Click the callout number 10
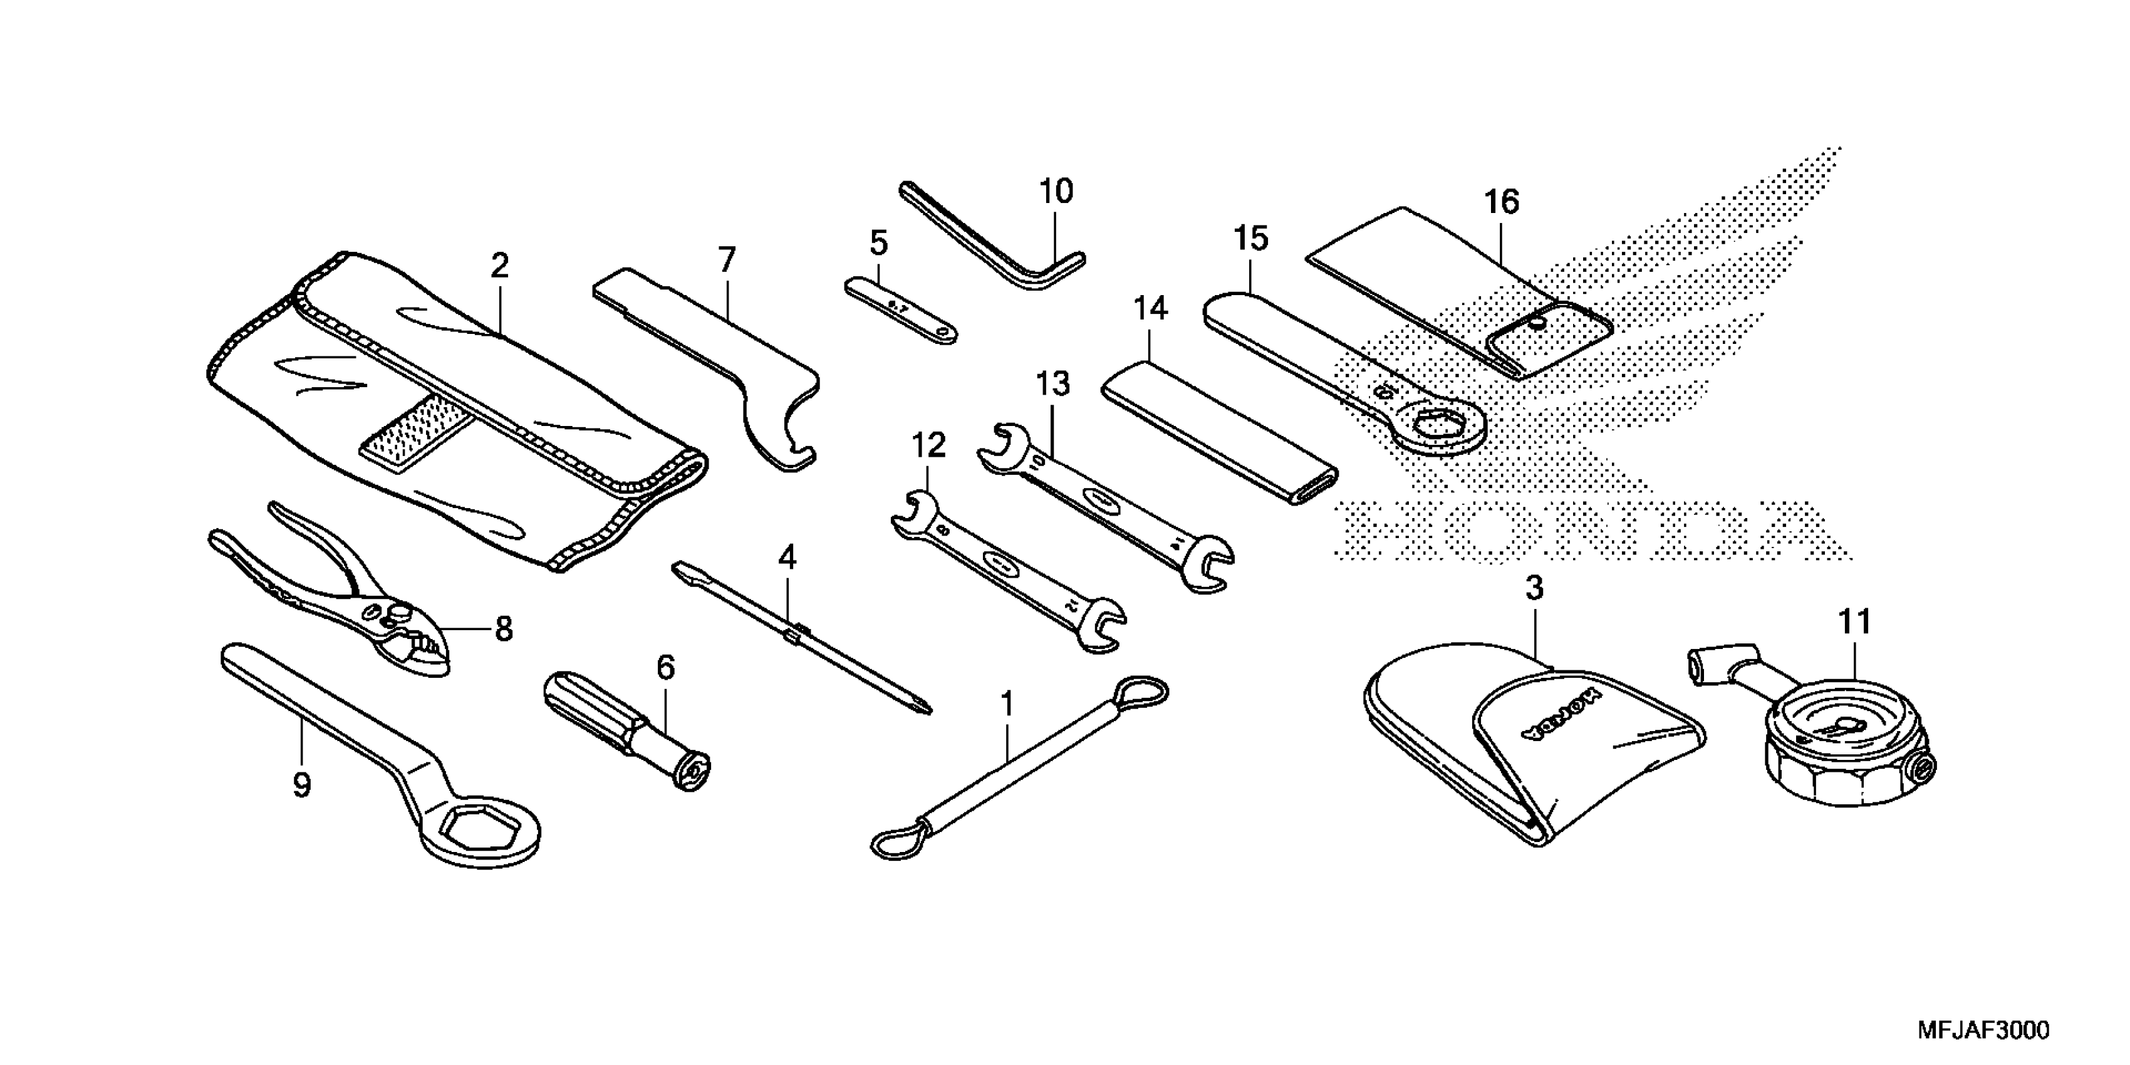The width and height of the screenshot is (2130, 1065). click(1056, 192)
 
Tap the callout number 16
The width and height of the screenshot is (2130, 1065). click(1502, 202)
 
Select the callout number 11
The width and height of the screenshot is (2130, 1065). click(1854, 622)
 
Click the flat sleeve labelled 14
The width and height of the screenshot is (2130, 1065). click(1220, 430)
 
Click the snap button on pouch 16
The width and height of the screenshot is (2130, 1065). click(1536, 323)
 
